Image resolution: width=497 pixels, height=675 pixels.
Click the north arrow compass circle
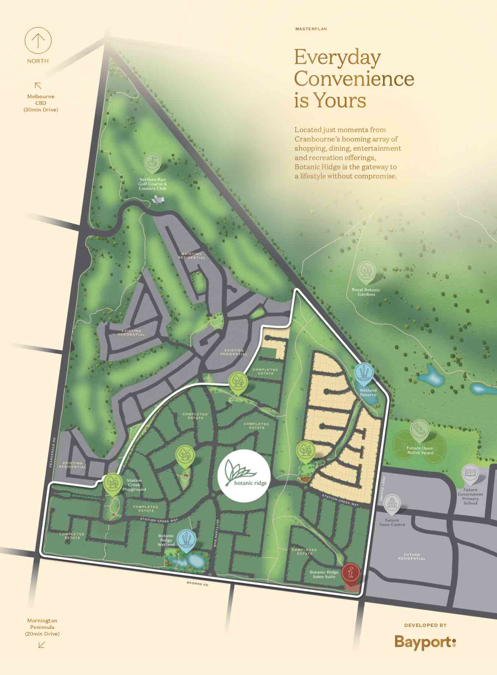pyautogui.click(x=38, y=40)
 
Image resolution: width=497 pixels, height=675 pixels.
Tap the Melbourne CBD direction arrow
pyautogui.click(x=38, y=86)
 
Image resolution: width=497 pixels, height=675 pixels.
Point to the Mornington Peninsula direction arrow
pyautogui.click(x=42, y=645)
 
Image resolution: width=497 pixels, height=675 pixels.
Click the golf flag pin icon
pyautogui.click(x=152, y=163)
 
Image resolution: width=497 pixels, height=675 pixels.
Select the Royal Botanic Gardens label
pyautogui.click(x=366, y=292)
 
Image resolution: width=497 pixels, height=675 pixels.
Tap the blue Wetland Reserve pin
pyautogui.click(x=363, y=373)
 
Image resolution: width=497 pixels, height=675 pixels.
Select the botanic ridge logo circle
pyautogui.click(x=243, y=475)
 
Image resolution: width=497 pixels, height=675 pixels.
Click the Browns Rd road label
pyautogui.click(x=197, y=584)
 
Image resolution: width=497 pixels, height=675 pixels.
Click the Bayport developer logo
pyautogui.click(x=425, y=642)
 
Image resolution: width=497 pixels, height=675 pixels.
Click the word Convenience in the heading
pyautogui.click(x=354, y=79)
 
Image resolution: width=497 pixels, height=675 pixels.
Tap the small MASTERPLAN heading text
pyautogui.click(x=311, y=29)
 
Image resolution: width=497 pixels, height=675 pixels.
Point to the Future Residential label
pyautogui.click(x=411, y=557)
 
